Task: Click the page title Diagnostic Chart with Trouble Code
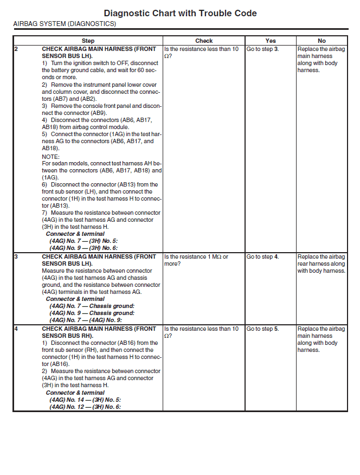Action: tap(180, 13)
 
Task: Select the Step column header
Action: tap(88, 41)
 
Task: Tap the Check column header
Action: tap(204, 41)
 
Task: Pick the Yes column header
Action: tap(271, 41)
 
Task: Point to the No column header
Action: tap(322, 41)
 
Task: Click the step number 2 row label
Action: tap(16, 49)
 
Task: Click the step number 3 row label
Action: tap(16, 256)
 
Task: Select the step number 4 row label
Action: tap(16, 329)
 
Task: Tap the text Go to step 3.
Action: tap(262, 49)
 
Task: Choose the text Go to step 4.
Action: tap(262, 256)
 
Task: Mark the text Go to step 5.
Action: tap(262, 329)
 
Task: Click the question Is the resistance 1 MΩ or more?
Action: tap(196, 260)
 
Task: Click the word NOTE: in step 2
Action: tap(50, 156)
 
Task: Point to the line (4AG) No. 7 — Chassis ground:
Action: tap(92, 306)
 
